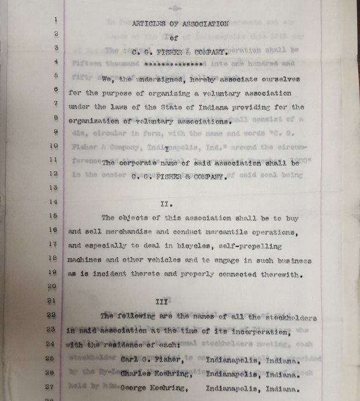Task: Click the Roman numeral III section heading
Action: pyautogui.click(x=162, y=301)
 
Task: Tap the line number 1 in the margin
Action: pyautogui.click(x=55, y=19)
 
